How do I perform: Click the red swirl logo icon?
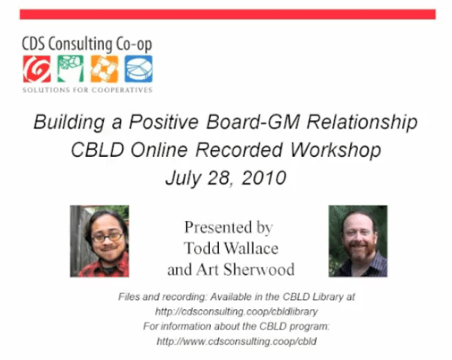click(x=37, y=69)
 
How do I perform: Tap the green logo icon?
click(x=70, y=69)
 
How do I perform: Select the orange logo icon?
click(x=105, y=69)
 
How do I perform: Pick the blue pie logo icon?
click(x=138, y=69)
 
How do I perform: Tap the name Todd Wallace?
click(x=229, y=248)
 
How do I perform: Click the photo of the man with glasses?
click(x=99, y=241)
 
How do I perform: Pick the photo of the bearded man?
click(x=358, y=241)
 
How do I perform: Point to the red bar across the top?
click(x=227, y=14)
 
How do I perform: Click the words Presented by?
click(x=229, y=227)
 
